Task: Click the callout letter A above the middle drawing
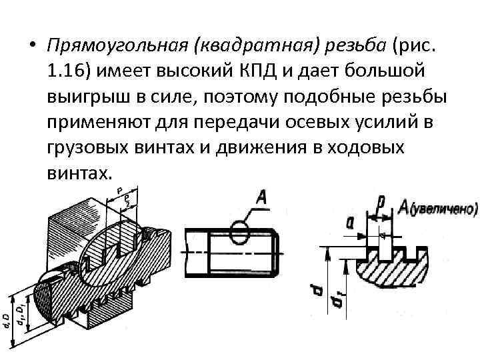click(x=262, y=197)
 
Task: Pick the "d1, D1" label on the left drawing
click(x=22, y=313)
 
